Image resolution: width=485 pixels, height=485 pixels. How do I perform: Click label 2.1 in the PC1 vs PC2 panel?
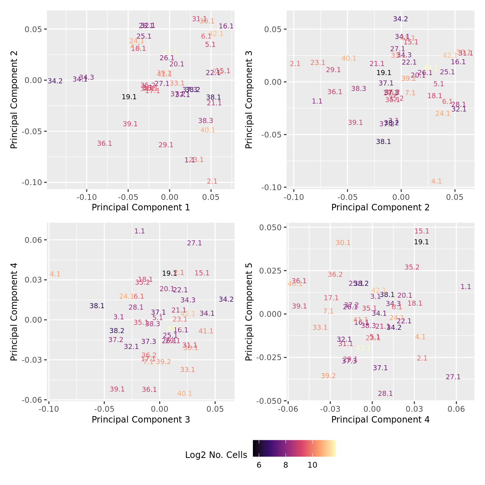[212, 182]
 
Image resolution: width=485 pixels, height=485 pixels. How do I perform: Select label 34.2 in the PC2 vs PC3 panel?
[401, 19]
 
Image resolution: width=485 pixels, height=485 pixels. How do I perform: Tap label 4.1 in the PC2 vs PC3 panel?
[437, 182]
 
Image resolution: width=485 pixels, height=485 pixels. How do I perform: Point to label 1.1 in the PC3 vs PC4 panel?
[140, 231]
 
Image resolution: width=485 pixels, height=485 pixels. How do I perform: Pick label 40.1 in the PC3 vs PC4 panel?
[185, 394]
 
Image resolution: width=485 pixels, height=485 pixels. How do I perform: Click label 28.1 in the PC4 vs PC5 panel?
[385, 394]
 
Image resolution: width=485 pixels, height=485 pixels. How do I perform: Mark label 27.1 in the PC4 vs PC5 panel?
[453, 377]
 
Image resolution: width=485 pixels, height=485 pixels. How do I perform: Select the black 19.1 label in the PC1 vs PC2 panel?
[129, 97]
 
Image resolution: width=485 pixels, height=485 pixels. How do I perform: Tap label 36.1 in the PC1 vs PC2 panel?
[105, 144]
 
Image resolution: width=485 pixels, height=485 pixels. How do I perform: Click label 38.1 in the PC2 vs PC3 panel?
[384, 142]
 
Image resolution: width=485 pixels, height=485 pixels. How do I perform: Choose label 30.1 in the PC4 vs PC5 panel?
[343, 243]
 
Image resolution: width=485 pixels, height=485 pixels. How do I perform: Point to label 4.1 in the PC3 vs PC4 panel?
[55, 274]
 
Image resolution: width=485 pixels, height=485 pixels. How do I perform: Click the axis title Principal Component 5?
[249, 312]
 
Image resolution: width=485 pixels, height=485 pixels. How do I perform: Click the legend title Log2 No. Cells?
[216, 455]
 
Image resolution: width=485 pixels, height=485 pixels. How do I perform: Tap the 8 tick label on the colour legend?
[285, 465]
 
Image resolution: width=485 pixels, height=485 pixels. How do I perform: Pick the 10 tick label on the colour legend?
[313, 465]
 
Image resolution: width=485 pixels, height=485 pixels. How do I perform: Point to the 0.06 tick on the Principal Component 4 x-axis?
[456, 409]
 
